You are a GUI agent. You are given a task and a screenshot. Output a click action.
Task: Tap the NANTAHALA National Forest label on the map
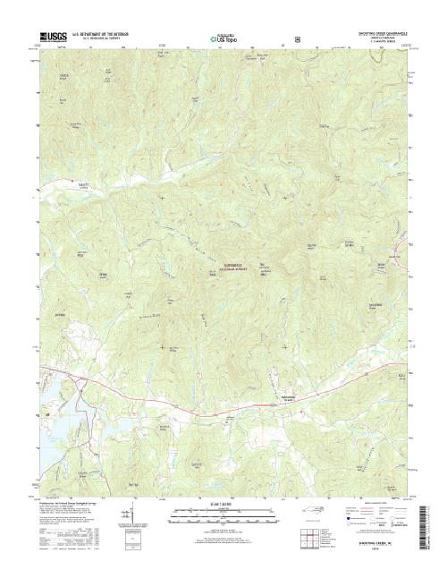click(x=240, y=265)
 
